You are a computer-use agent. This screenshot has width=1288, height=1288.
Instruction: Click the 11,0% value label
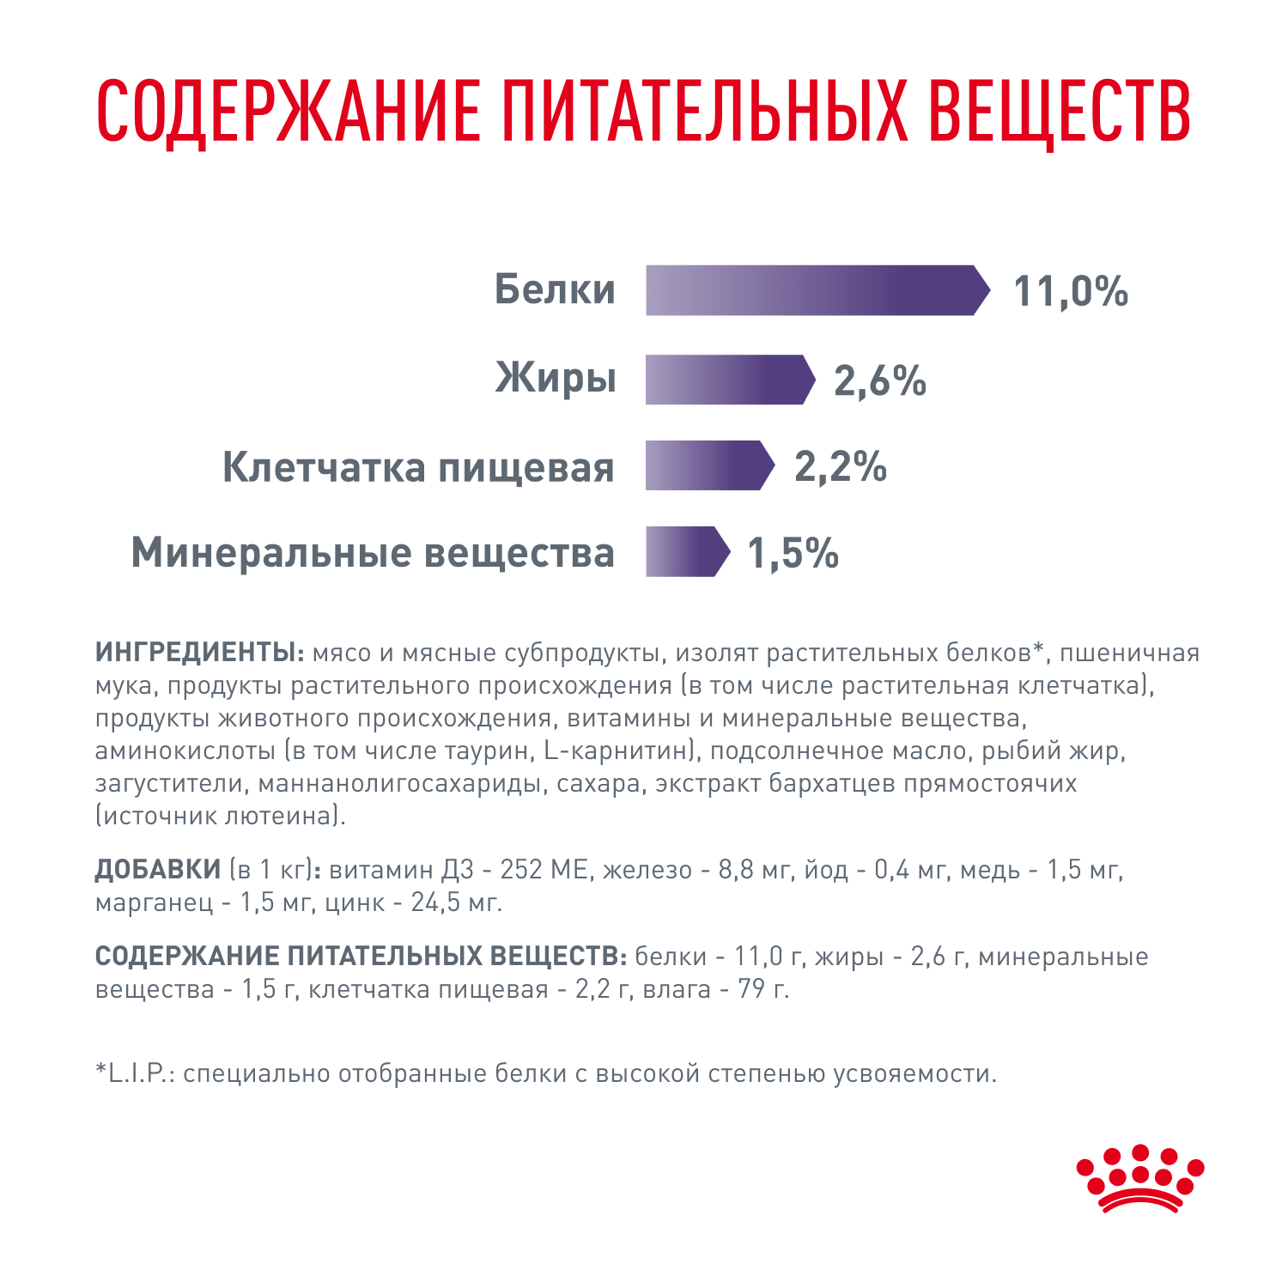point(1071,291)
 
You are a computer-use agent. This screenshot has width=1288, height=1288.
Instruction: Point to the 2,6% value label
point(880,380)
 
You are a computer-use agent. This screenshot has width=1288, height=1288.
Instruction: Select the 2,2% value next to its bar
point(840,466)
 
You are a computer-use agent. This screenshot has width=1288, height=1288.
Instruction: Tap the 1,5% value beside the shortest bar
point(793,553)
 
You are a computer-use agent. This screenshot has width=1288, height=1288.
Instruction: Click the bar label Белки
point(555,289)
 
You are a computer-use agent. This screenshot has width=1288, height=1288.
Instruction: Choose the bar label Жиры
point(556,378)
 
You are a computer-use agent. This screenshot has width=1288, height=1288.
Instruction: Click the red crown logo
point(1140,1178)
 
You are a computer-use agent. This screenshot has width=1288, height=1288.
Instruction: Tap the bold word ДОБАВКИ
point(158,870)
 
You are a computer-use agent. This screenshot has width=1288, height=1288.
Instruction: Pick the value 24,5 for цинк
point(436,902)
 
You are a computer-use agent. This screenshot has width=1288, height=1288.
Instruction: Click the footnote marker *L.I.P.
point(135,1074)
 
